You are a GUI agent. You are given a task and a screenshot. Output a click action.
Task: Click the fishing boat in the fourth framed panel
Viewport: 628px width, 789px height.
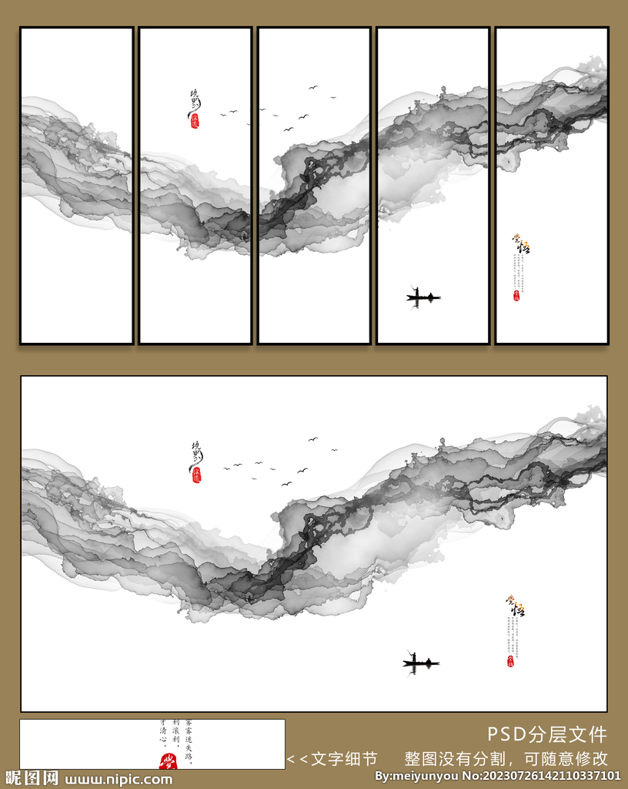click(423, 297)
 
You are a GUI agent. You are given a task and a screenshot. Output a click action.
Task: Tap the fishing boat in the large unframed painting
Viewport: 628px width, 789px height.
click(421, 662)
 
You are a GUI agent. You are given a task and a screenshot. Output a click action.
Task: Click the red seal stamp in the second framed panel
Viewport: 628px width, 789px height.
click(195, 121)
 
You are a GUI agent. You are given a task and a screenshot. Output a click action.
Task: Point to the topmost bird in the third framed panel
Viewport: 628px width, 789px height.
click(313, 87)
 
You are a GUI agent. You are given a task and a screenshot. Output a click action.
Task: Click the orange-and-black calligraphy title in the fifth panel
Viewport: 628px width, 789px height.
click(521, 246)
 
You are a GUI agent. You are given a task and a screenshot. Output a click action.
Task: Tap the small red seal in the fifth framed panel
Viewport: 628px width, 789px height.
click(516, 295)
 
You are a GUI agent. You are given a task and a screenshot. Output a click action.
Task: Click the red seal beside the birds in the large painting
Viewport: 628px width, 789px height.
click(196, 475)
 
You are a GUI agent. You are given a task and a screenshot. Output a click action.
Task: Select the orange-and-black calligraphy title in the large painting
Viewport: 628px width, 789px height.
click(515, 607)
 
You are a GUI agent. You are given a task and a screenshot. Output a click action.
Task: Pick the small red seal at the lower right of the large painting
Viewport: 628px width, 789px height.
click(510, 661)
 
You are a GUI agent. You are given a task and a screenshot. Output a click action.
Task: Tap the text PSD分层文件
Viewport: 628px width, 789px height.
click(547, 734)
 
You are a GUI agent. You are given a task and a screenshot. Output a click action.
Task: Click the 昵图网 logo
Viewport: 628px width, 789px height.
click(31, 778)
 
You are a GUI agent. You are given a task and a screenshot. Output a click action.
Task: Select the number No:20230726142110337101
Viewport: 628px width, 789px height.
click(542, 776)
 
